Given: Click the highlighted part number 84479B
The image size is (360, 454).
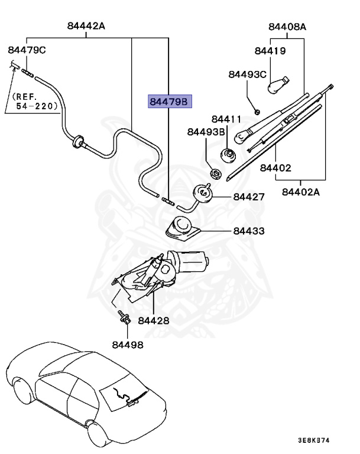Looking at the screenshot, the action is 170,101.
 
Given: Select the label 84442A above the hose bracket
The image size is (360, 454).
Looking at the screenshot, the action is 86,26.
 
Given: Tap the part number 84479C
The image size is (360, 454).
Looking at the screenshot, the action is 27,50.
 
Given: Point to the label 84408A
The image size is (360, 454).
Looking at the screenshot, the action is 287,27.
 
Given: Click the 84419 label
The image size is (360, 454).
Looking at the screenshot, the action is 270,51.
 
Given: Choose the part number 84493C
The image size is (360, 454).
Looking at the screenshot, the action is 247,74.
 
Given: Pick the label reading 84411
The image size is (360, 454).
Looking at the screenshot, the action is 226,119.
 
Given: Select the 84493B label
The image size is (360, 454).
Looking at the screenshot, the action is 206,132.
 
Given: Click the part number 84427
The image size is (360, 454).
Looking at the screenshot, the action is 249,197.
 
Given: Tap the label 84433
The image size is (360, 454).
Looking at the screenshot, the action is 249,231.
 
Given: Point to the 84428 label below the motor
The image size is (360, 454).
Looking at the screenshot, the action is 154,320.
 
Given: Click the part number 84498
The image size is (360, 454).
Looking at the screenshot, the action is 128,345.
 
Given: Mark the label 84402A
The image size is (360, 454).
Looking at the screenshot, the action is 301,192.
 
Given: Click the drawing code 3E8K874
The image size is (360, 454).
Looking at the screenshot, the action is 314,440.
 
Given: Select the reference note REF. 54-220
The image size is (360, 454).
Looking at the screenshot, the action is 34,101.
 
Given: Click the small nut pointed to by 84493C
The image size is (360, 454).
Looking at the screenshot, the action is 257,111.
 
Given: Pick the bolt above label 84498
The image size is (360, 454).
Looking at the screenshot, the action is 124,317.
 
